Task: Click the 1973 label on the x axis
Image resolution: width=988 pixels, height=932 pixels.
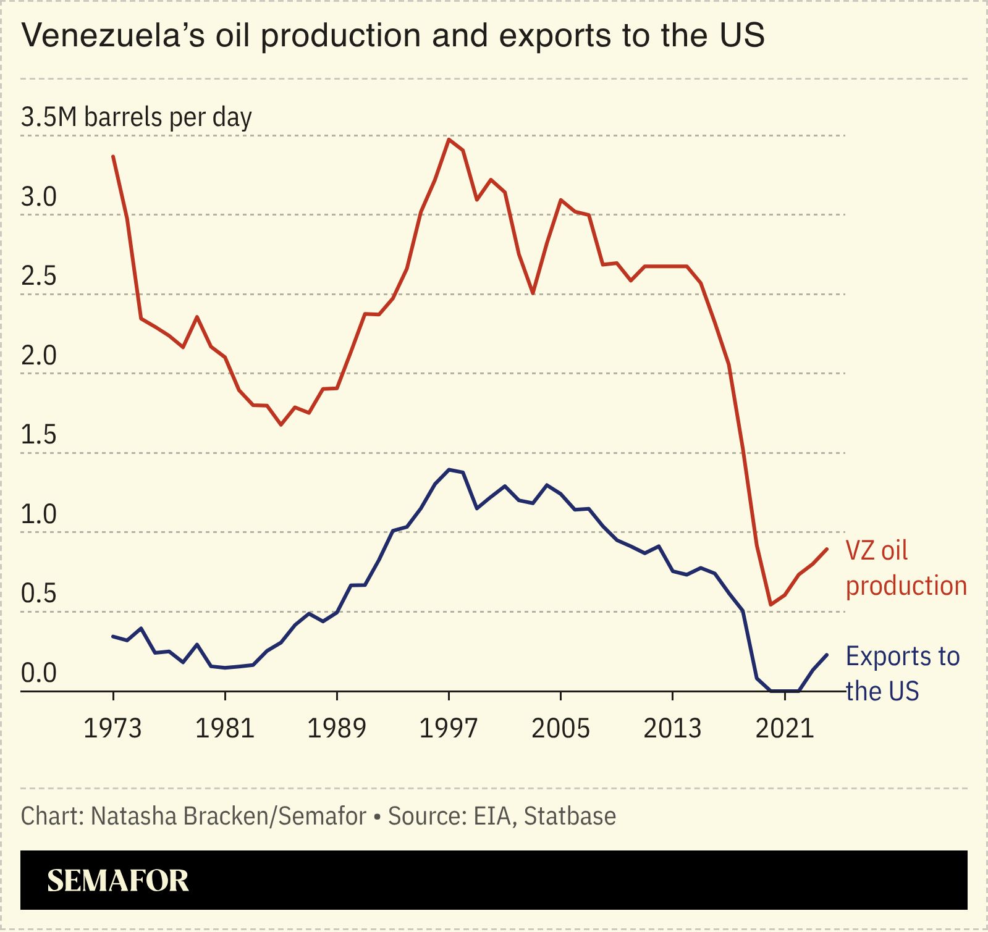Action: click(112, 729)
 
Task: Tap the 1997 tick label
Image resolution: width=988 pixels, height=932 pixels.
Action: click(449, 729)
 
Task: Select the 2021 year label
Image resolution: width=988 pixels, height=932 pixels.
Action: click(785, 729)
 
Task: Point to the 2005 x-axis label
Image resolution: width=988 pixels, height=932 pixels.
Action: click(560, 729)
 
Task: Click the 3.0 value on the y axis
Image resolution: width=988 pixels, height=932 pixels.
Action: click(38, 197)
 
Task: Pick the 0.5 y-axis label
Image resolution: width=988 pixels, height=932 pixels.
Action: click(38, 594)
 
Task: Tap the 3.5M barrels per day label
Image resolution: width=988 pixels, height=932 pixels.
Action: click(137, 117)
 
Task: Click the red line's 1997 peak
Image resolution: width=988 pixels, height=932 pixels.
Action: click(449, 139)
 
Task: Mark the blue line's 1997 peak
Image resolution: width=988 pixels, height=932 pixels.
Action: click(449, 470)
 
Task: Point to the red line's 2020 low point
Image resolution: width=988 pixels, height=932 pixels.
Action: click(771, 604)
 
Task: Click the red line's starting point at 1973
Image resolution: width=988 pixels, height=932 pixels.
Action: click(113, 156)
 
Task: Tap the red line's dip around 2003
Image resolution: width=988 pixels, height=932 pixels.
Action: click(533, 293)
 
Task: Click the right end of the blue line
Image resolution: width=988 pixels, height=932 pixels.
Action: click(827, 655)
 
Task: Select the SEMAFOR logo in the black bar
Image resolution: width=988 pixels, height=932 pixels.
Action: click(117, 880)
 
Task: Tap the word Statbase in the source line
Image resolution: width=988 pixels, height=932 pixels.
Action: click(570, 816)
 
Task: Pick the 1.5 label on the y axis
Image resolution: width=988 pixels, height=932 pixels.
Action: click(38, 435)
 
